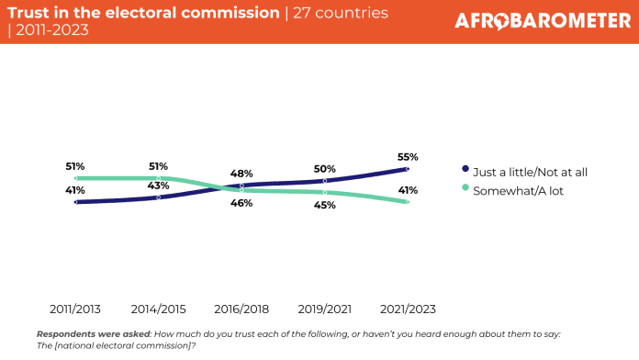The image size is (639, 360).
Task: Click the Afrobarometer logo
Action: [543, 21]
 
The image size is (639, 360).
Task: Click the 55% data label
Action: [408, 157]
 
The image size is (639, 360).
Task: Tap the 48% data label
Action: [241, 174]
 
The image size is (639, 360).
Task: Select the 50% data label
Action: [325, 169]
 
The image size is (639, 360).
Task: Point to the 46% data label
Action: [241, 203]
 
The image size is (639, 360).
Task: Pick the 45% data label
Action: [325, 205]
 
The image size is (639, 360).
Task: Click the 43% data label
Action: [158, 186]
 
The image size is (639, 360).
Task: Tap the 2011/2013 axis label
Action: [75, 309]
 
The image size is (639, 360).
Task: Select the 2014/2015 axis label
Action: [158, 309]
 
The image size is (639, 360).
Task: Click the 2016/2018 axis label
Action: [241, 309]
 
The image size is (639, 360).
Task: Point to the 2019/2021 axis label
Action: [325, 309]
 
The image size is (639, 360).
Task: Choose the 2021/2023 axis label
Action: [408, 309]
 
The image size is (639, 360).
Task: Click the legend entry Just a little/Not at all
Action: [525, 172]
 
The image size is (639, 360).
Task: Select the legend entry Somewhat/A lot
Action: [512, 191]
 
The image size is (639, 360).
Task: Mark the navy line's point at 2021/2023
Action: [408, 169]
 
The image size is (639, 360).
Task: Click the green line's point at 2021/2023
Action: [408, 202]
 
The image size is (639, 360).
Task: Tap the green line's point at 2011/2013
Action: [75, 178]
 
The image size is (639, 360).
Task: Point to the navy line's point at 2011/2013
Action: [75, 202]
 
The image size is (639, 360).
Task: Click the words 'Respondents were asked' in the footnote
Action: [94, 334]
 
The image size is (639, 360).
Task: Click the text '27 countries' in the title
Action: [341, 13]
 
